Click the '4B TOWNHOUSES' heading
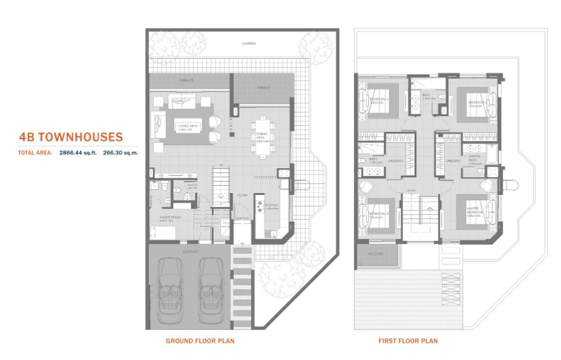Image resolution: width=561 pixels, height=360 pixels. [x=70, y=137]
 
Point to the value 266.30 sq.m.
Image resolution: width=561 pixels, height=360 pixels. [x=121, y=153]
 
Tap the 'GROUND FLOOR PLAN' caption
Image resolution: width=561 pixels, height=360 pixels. [x=200, y=341]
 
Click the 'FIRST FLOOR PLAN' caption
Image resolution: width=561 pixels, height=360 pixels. [x=407, y=341]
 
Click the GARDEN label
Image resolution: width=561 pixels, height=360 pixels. [x=248, y=44]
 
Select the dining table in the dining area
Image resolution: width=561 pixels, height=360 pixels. [x=263, y=137]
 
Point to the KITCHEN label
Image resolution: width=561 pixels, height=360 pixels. [x=271, y=206]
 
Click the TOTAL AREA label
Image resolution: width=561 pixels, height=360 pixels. [x=35, y=153]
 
